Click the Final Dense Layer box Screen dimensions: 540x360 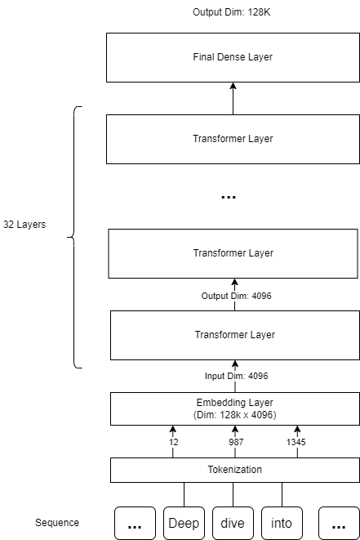(x=233, y=57)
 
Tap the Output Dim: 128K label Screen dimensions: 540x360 (x=233, y=13)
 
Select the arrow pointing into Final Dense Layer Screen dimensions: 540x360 (x=233, y=98)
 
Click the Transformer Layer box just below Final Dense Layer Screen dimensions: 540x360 (x=233, y=139)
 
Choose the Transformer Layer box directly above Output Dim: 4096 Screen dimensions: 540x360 (x=233, y=253)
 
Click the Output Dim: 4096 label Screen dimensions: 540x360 (x=237, y=296)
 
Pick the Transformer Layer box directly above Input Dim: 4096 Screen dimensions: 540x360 (x=234, y=335)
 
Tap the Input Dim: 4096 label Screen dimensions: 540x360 (x=236, y=376)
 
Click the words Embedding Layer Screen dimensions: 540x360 (x=234, y=403)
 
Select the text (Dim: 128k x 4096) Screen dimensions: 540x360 (x=234, y=415)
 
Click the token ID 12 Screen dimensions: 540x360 (x=173, y=442)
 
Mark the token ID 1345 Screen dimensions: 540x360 (x=297, y=442)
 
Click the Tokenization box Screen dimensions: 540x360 (x=234, y=470)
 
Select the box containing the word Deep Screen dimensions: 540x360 (x=184, y=523)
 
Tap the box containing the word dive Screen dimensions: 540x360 (x=233, y=523)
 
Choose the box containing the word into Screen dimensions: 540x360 (x=282, y=523)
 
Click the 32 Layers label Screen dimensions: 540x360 (x=24, y=223)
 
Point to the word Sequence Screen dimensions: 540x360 (x=57, y=523)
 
